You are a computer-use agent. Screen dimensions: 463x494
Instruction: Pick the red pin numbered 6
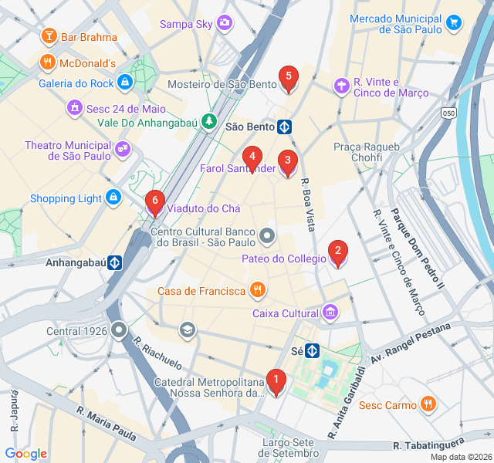[x=154, y=202]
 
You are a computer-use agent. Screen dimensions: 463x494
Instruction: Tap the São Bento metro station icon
[x=285, y=126]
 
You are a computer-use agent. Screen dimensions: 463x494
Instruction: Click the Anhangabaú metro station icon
[x=115, y=262]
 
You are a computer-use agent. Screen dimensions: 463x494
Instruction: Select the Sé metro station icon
[x=313, y=350]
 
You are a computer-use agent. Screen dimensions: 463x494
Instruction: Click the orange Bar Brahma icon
[x=49, y=36]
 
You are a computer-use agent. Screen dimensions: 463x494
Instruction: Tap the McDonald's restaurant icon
[x=49, y=63]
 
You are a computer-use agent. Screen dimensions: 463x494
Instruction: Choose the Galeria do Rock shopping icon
[x=125, y=83]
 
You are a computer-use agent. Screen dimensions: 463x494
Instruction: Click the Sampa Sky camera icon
[x=224, y=23]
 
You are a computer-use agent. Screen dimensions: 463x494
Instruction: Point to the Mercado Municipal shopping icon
[x=455, y=22]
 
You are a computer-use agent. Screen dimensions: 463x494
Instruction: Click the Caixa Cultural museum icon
[x=330, y=313]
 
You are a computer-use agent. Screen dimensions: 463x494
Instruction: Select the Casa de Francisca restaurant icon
[x=257, y=290]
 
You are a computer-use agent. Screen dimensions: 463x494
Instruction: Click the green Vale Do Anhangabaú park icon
[x=208, y=120]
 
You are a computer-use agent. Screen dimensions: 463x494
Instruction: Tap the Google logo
[x=26, y=454]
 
